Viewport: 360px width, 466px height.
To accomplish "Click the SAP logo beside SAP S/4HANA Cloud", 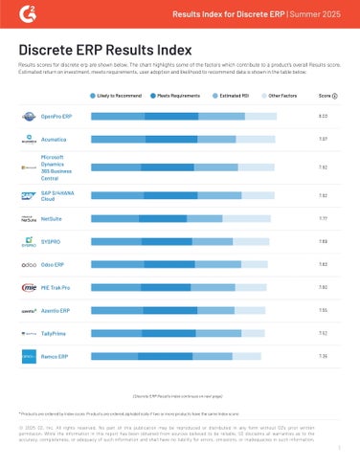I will coord(29,194).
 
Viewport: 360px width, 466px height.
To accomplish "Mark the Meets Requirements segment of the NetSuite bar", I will coord(168,218).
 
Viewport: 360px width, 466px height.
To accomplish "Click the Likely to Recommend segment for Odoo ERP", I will coord(115,264).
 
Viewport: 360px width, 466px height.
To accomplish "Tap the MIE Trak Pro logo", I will coord(29,287).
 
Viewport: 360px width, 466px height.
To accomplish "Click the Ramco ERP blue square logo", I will coord(29,357).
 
